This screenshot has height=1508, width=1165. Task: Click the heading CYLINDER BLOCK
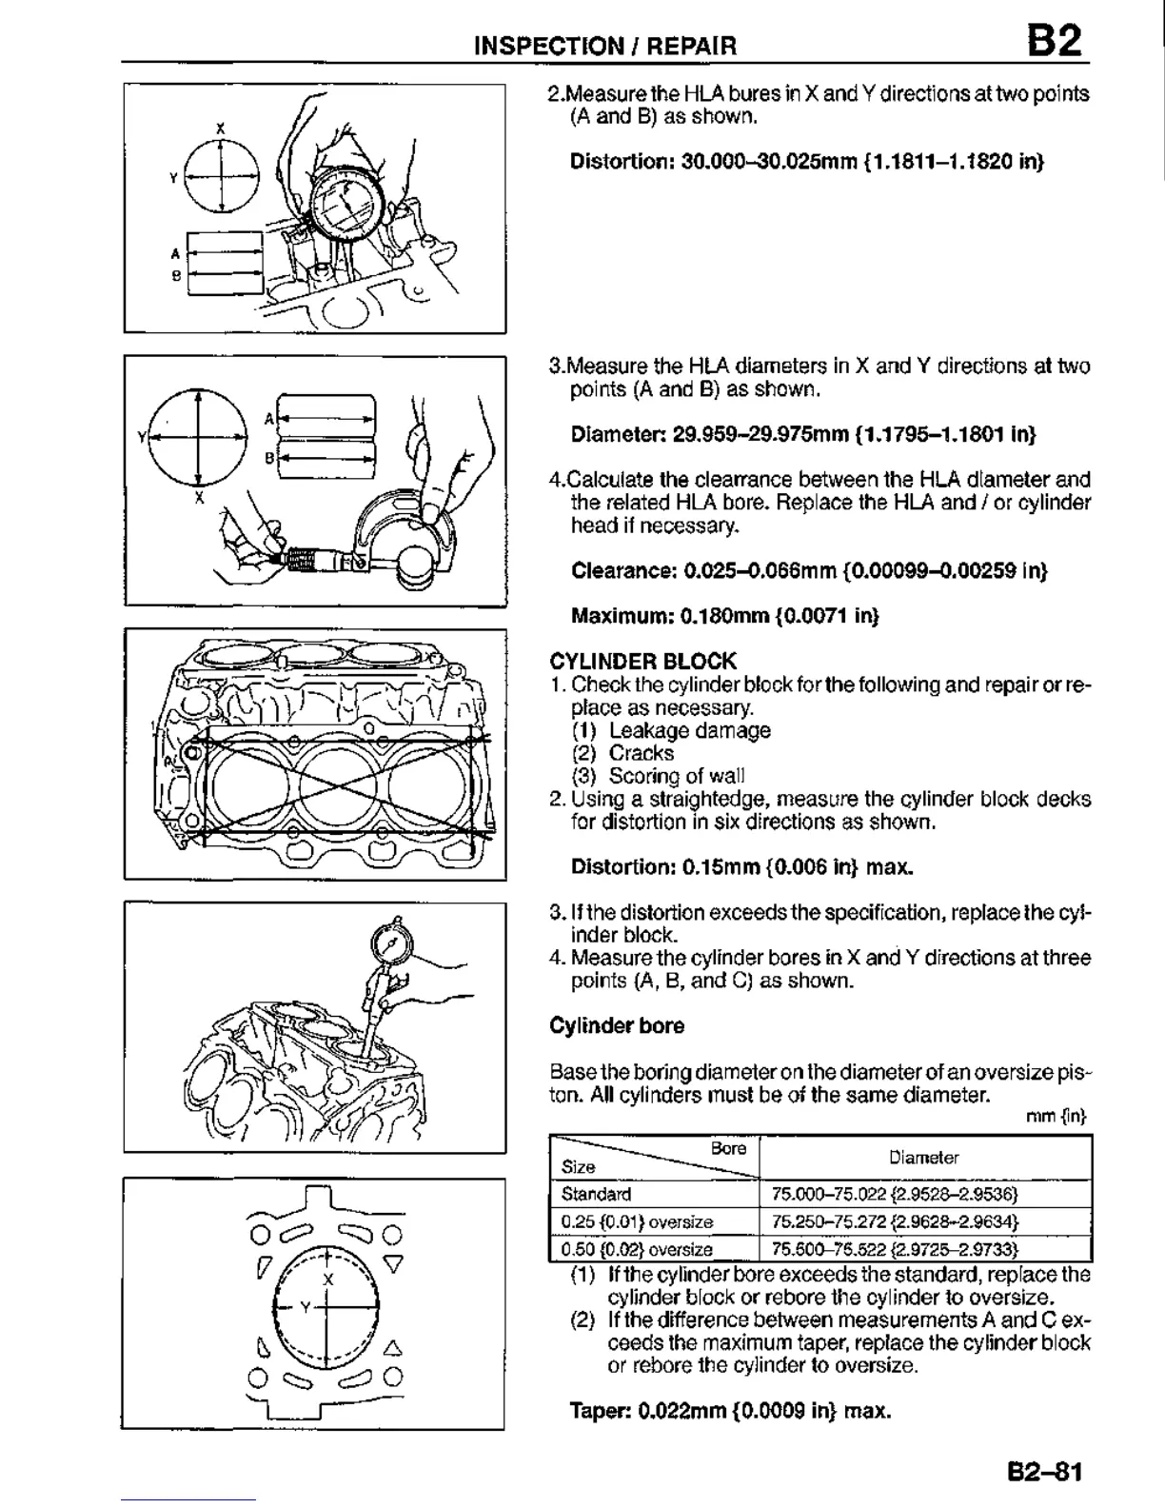642,661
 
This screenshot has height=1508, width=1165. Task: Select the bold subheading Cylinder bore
617,1025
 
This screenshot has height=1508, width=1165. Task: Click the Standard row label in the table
597,1194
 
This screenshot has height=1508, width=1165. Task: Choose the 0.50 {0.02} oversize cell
637,1249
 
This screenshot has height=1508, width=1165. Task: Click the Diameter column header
923,1158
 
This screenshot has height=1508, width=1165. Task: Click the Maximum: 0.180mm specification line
724,616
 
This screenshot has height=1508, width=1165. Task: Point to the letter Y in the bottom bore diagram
305,1307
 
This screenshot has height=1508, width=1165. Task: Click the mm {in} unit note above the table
1069,1115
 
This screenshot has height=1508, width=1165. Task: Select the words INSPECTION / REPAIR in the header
605,45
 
